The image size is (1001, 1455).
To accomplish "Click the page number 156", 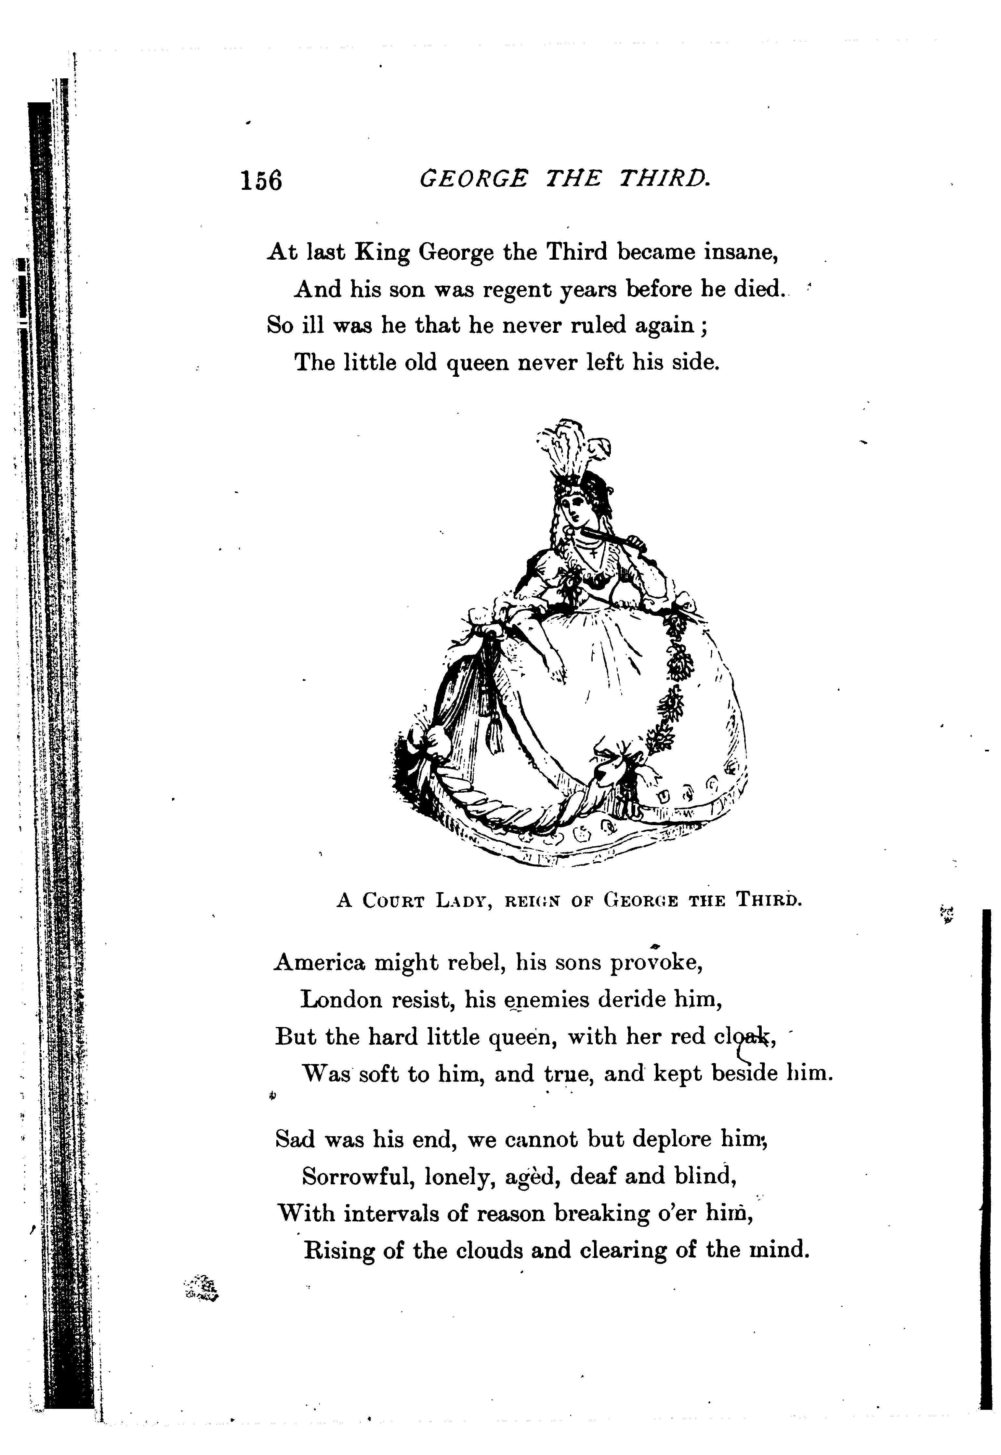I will (x=261, y=181).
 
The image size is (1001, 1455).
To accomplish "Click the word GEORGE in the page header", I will (x=474, y=181).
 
